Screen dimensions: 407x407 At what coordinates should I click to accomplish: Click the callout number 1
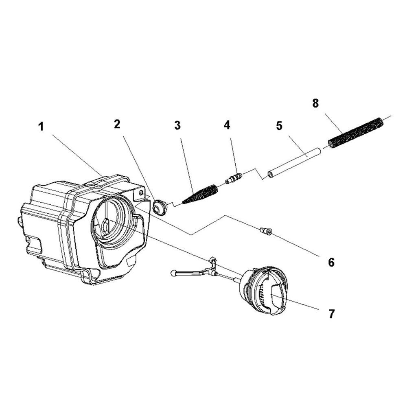tap(42, 127)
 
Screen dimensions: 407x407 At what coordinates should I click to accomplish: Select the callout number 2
tap(117, 125)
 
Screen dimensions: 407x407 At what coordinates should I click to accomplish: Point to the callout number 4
tap(227, 125)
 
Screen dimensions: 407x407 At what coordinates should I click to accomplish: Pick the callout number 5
tap(279, 126)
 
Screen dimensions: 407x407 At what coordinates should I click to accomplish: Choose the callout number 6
tap(331, 262)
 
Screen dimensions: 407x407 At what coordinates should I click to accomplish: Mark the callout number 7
tap(332, 314)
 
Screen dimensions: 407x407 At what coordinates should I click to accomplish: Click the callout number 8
tap(315, 103)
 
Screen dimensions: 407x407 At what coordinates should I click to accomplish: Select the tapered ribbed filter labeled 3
tap(200, 194)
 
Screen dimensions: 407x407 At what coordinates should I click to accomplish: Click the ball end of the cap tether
tap(173, 273)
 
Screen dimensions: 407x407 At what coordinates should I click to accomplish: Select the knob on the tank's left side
tap(19, 221)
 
